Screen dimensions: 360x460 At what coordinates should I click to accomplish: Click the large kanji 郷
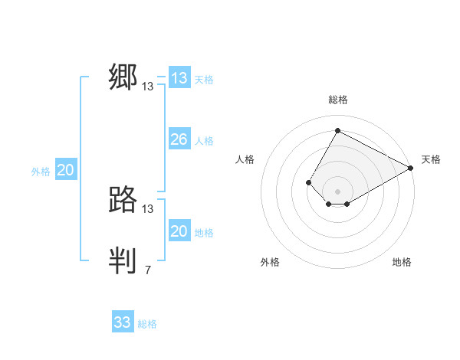tap(123, 78)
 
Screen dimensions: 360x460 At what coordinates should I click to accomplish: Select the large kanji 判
tap(123, 261)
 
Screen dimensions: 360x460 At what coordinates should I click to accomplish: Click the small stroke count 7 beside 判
tap(147, 270)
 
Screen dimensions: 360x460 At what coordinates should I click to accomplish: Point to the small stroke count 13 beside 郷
tap(148, 87)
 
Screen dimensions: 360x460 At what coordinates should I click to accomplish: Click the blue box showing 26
tap(179, 139)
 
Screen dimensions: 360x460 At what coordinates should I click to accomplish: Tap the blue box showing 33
tap(123, 322)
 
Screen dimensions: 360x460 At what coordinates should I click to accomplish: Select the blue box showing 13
tap(179, 78)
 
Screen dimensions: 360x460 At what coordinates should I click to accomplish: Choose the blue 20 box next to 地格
tap(179, 231)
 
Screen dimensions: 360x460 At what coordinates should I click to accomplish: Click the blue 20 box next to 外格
tap(66, 171)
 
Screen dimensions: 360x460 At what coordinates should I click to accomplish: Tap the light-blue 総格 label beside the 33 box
tap(147, 324)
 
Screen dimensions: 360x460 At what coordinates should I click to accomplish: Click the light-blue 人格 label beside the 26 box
tap(205, 141)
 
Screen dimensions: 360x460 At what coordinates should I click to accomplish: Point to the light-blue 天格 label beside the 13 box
tap(205, 80)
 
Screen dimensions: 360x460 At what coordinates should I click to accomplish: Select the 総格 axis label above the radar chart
tap(337, 100)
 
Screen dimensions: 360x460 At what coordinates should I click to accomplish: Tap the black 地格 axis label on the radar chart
tap(402, 263)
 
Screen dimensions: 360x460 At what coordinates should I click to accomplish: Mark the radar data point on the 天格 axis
tap(411, 168)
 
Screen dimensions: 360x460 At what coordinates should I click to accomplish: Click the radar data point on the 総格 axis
tap(337, 130)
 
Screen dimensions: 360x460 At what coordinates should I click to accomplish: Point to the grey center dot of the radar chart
tap(337, 191)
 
